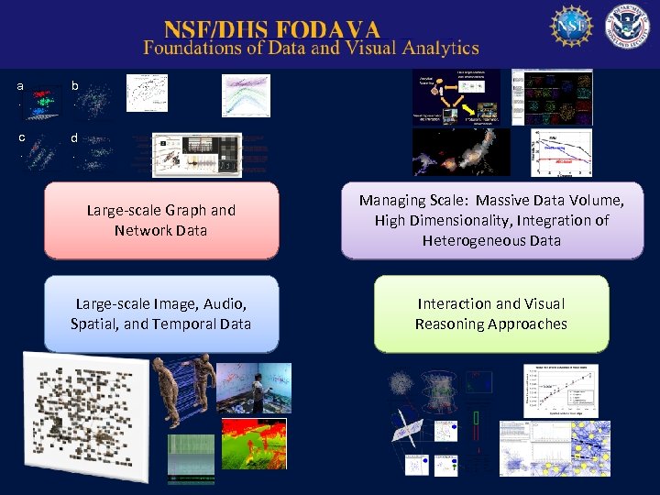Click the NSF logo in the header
click(571, 27)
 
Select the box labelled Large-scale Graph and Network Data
click(161, 220)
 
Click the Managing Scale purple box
click(491, 220)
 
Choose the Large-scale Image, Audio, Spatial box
click(161, 313)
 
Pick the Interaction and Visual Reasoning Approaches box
click(491, 313)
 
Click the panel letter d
click(75, 139)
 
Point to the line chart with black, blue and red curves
click(562, 152)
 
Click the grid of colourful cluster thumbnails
click(552, 94)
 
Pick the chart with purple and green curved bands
click(246, 95)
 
